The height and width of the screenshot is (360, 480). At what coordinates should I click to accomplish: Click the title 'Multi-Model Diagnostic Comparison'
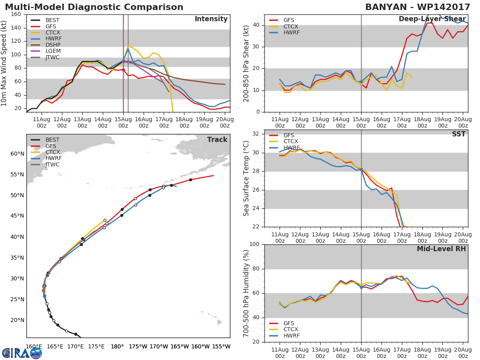pos(94,7)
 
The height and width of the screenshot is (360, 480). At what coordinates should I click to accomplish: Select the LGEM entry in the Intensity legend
pos(52,51)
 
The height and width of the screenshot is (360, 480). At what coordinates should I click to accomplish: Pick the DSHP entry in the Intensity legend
pos(52,45)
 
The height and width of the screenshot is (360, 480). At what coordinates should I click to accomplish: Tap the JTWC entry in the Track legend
pos(52,164)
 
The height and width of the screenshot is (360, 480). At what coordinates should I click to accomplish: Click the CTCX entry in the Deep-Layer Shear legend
pos(290,26)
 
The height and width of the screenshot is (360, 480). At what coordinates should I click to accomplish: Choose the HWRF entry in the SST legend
pos(291,148)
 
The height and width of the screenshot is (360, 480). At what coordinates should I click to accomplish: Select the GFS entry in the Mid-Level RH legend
pos(291,323)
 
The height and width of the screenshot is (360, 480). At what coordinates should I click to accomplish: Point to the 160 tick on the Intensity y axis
pos(16,14)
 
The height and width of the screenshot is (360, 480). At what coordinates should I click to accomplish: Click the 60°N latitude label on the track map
pos(18,154)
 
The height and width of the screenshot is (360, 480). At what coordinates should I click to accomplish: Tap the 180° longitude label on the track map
pos(117,346)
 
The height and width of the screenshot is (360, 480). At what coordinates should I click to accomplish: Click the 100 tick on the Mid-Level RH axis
pos(254,244)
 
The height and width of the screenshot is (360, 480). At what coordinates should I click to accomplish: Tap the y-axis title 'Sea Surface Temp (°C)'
pos(246,178)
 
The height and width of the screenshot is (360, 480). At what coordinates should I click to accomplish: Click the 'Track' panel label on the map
pos(217,140)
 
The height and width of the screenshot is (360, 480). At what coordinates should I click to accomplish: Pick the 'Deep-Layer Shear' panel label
pos(432,19)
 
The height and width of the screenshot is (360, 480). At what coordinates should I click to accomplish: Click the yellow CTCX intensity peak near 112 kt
pos(128,46)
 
